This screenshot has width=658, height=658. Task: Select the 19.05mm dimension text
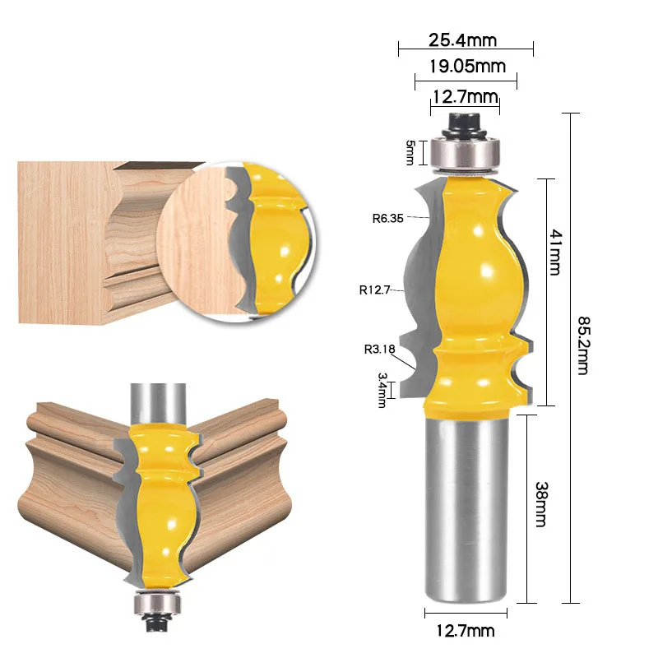(466, 67)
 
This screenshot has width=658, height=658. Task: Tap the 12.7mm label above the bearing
(466, 96)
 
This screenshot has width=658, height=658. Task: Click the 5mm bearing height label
(410, 153)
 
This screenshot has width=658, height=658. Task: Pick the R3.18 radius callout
(380, 348)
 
